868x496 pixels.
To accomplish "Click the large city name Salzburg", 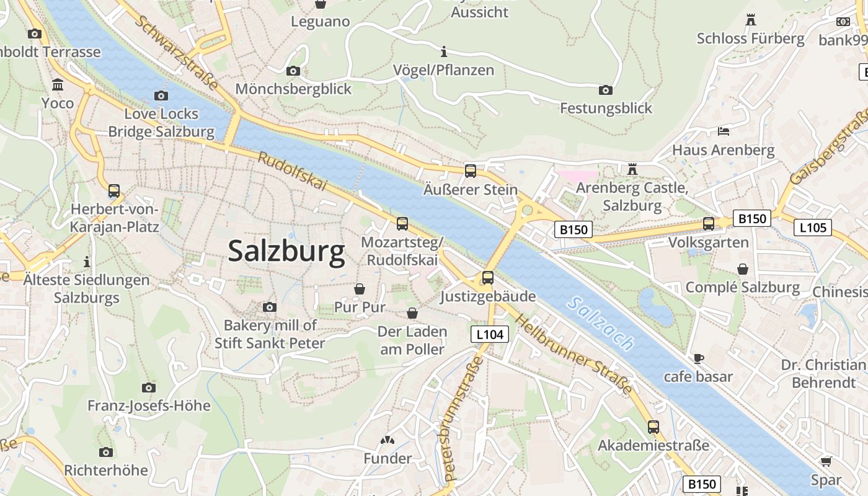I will point(286,252).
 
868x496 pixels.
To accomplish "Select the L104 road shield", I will point(489,335).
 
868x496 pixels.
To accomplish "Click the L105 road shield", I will point(812,228).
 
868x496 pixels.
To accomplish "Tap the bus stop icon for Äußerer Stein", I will point(471,170).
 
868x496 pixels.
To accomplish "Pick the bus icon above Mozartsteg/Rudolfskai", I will point(402,223).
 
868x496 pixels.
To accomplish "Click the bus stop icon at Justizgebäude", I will point(488,277).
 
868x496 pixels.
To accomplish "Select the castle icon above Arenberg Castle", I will point(632,169).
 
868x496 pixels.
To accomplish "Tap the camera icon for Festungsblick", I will point(606,90).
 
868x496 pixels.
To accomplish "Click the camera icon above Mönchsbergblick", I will point(293,71).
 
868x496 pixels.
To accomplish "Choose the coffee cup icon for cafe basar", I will point(698,358).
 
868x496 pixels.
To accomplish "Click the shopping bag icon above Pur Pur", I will point(360,289).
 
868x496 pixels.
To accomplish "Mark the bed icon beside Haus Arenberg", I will point(724,131).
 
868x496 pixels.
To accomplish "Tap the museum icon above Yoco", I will point(58,84).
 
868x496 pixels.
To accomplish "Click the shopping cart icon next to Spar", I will point(826,461).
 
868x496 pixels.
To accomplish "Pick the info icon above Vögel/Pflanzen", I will point(444,51).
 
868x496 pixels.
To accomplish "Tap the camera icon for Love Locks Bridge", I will point(161,95).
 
